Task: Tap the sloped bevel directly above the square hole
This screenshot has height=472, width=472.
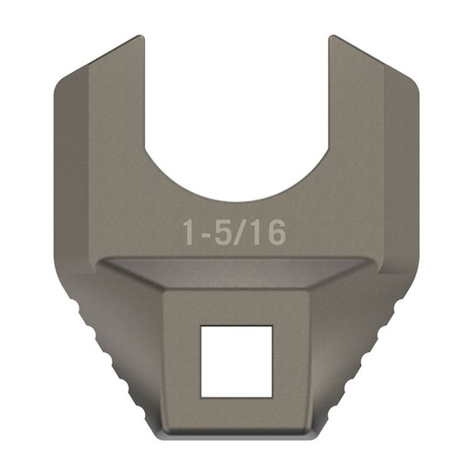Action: coord(238,273)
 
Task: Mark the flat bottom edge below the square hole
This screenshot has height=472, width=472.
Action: coord(238,437)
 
